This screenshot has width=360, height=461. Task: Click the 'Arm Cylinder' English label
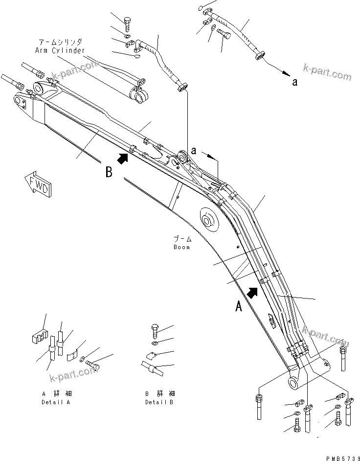[x=60, y=50]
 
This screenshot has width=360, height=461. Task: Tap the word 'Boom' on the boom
[x=181, y=247]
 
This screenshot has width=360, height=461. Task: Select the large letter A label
[x=239, y=306]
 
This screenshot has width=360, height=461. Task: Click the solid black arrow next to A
[x=253, y=292]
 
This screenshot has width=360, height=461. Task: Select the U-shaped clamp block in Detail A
[x=37, y=338]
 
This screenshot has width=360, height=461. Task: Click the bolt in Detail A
[x=91, y=364]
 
